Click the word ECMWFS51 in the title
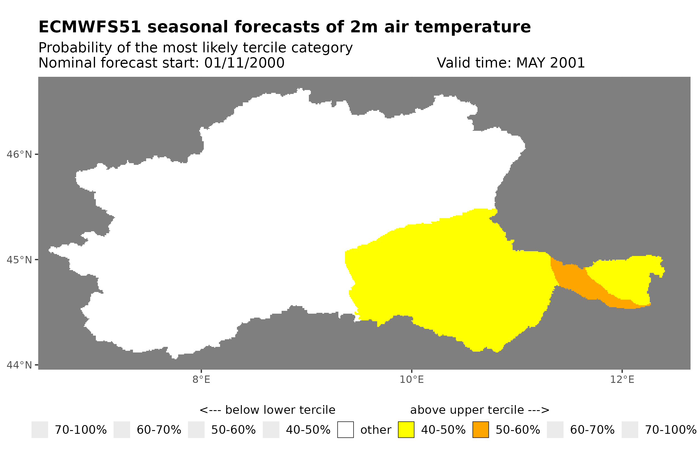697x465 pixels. tap(89, 27)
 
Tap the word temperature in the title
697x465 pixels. tap(472, 27)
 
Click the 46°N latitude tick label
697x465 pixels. tap(19, 154)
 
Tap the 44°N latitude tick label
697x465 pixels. tap(19, 365)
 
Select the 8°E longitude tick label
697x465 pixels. tap(201, 379)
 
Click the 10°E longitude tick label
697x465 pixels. tap(411, 379)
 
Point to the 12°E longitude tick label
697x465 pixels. tap(622, 379)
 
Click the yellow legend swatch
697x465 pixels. tap(406, 430)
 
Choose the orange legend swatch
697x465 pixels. tap(481, 430)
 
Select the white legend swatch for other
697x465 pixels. tap(345, 430)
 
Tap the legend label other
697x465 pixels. tap(375, 430)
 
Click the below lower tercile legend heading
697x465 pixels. tap(267, 410)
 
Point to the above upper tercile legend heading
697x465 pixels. tap(479, 410)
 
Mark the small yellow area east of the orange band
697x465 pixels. tap(625, 277)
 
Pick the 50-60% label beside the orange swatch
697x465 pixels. tap(518, 430)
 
